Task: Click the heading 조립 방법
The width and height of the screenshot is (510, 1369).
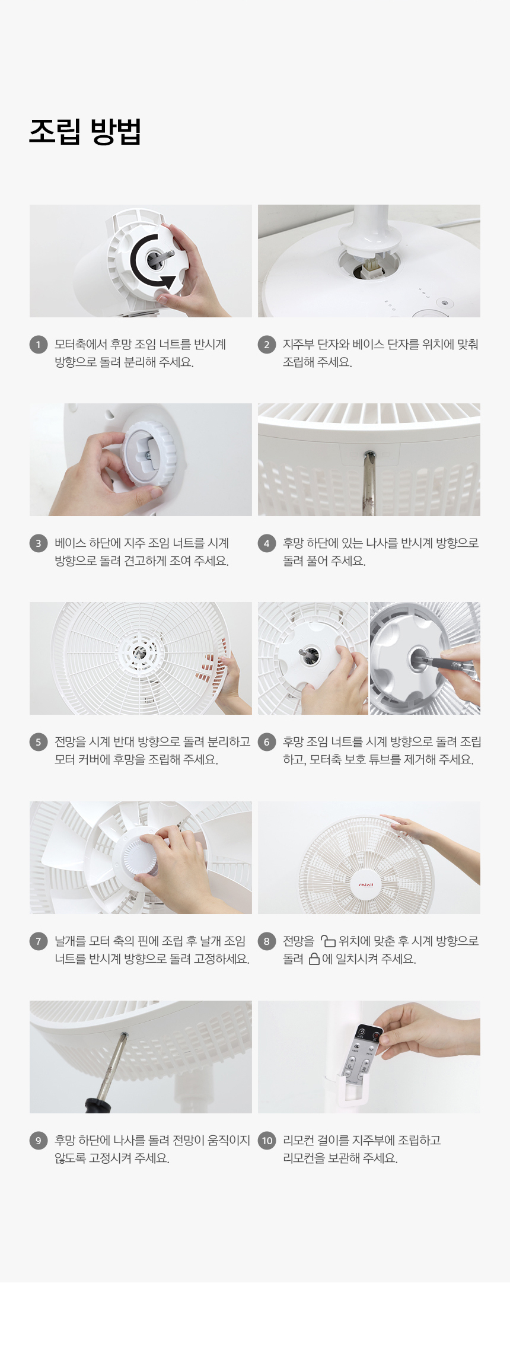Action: tap(85, 132)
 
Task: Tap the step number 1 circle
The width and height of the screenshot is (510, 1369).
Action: tap(39, 345)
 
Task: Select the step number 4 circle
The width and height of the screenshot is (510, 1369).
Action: tap(267, 543)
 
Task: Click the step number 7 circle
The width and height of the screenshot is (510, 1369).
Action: tap(39, 941)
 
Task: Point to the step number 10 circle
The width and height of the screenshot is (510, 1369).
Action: tap(267, 1141)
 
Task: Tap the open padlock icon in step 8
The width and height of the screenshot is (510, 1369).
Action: tap(328, 941)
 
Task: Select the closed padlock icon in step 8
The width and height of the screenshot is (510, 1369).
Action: tap(314, 959)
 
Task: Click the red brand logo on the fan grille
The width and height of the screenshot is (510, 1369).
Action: tap(366, 884)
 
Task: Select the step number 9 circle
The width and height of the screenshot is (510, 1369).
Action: tap(39, 1141)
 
